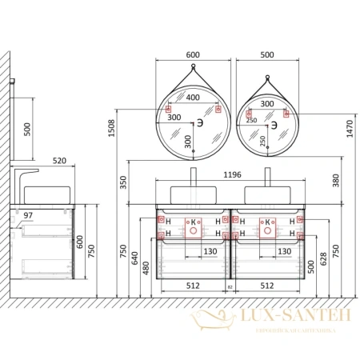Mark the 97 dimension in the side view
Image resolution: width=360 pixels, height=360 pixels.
(27, 216)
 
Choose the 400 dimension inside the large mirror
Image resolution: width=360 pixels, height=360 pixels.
(192, 98)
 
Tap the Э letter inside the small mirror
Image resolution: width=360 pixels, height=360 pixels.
(273, 126)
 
